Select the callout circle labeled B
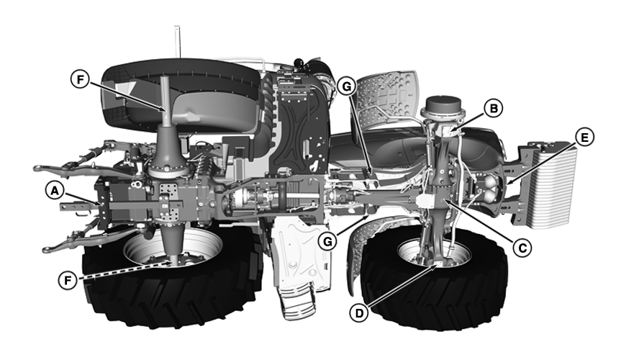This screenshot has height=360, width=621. (492, 109)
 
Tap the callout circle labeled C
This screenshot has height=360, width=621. (524, 246)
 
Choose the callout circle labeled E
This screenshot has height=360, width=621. (585, 137)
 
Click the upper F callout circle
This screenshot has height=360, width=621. (79, 79)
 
